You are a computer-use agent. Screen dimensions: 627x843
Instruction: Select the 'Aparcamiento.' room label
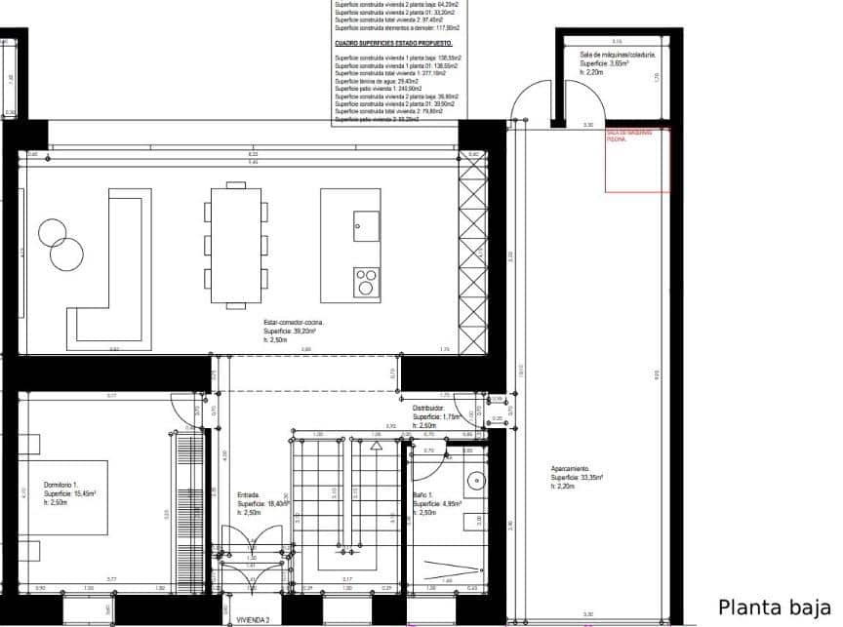(x=570, y=468)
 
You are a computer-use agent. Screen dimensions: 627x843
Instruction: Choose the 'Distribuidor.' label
(x=428, y=409)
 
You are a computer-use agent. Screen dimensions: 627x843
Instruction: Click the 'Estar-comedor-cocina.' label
(x=294, y=322)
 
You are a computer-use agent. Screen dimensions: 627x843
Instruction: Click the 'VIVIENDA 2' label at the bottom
(x=253, y=619)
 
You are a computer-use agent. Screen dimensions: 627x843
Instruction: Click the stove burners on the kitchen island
(x=366, y=281)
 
